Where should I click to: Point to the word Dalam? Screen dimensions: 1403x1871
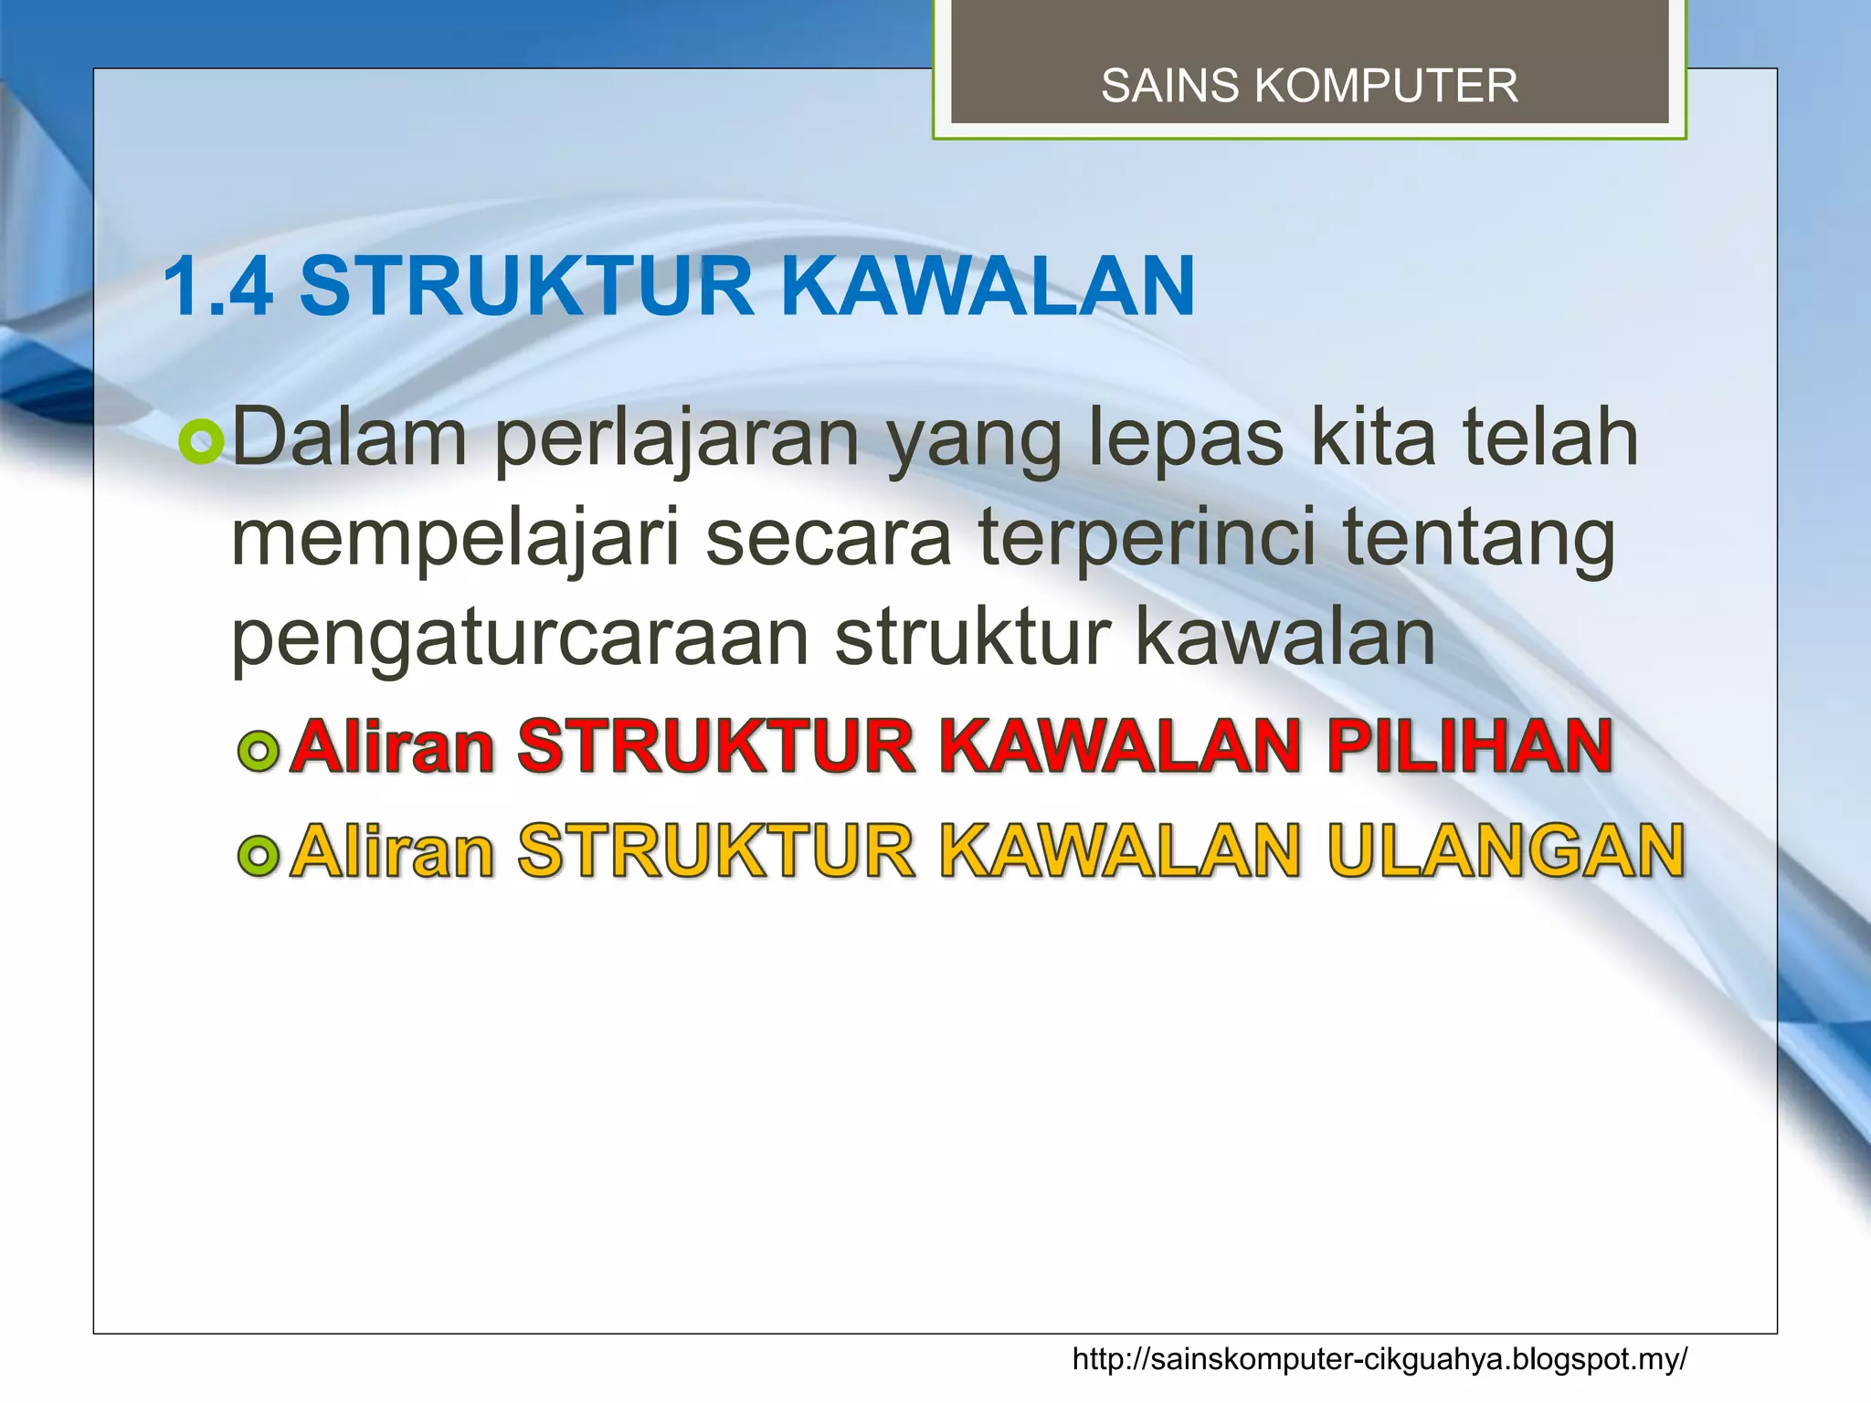[x=350, y=438]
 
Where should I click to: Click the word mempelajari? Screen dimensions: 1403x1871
[x=456, y=539]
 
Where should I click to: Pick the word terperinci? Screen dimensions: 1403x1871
[x=1147, y=539]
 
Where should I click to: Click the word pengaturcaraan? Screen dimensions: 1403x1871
[x=520, y=639]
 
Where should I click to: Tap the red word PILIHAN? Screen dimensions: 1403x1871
[x=1470, y=746]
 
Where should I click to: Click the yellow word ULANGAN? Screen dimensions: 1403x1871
[x=1506, y=851]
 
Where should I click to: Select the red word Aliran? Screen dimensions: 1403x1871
[x=392, y=746]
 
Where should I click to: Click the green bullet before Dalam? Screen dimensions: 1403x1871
[x=201, y=442]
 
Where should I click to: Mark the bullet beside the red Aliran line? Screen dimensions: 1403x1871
[x=258, y=751]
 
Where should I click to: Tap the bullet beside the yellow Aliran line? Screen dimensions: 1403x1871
[x=258, y=856]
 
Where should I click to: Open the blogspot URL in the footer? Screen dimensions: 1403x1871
[x=1379, y=1359]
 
